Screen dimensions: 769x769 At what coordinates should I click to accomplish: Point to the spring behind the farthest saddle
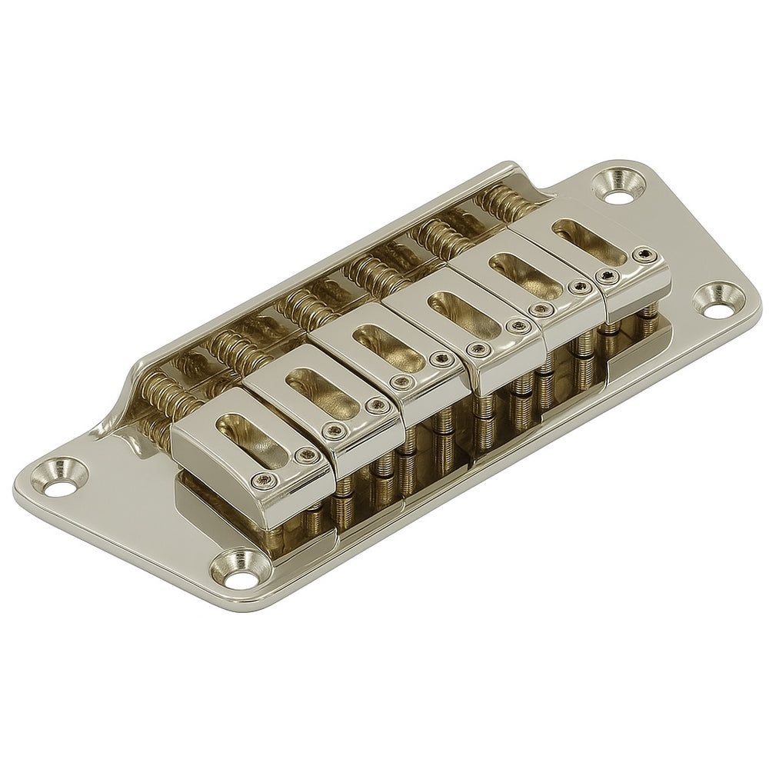504,202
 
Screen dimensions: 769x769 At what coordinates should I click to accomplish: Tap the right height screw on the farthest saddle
644,255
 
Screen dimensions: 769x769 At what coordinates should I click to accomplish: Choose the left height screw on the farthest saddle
608,278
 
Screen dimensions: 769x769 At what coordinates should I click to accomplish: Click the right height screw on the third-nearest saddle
441,358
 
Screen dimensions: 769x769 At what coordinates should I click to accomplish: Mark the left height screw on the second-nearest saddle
334,431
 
